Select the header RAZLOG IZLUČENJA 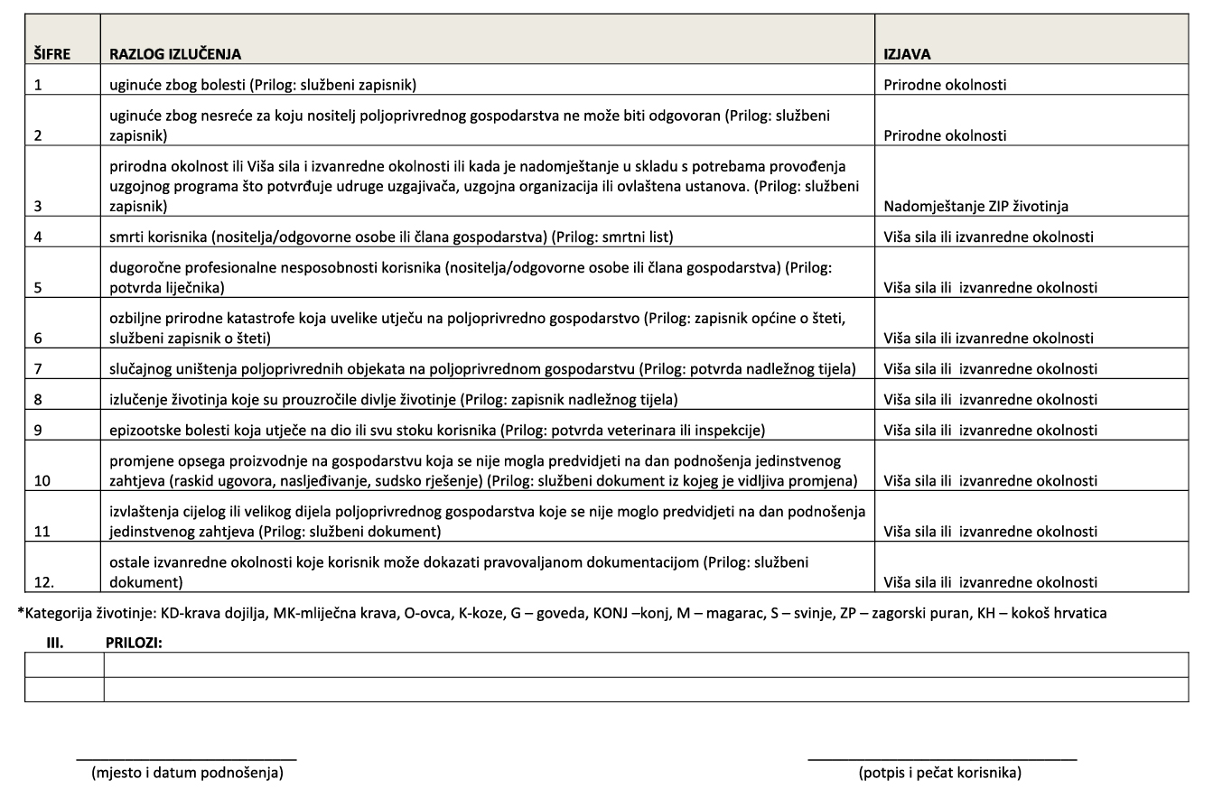(x=175, y=54)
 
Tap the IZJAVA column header (x=907, y=54)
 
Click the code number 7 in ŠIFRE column (x=37, y=369)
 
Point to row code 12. (x=42, y=582)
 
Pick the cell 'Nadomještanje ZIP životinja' (x=975, y=207)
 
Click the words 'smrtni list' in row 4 (x=637, y=238)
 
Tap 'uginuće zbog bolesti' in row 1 (x=172, y=86)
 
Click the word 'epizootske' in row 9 (x=140, y=431)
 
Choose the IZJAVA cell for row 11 (x=990, y=532)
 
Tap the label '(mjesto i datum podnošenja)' (x=187, y=773)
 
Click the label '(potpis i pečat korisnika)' (x=939, y=773)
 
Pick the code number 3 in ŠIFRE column (x=37, y=207)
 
